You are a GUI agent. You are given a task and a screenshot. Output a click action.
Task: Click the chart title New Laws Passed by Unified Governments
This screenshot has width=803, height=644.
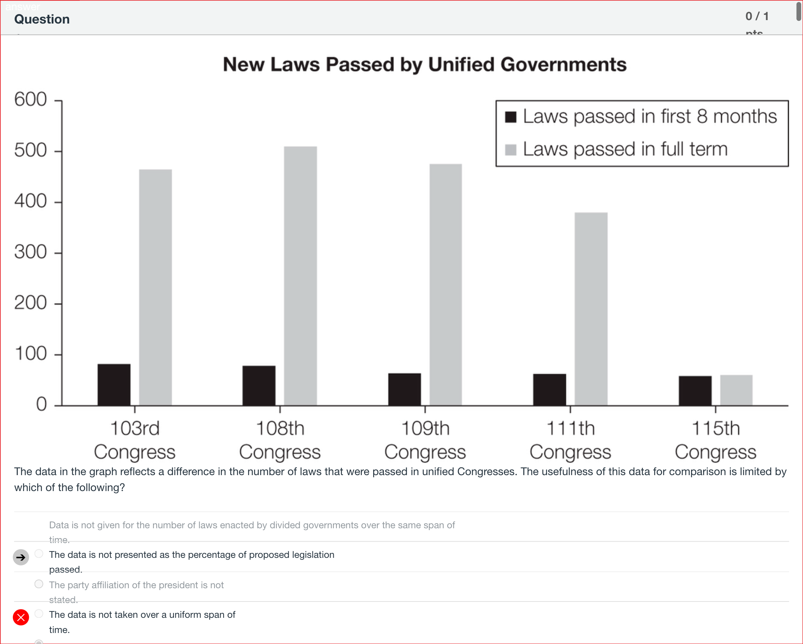click(424, 64)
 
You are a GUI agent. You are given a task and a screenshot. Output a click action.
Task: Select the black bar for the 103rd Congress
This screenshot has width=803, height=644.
click(114, 385)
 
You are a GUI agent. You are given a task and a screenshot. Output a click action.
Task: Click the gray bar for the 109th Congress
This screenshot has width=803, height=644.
click(446, 285)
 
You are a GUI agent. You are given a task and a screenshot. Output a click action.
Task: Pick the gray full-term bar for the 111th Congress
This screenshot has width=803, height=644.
click(591, 309)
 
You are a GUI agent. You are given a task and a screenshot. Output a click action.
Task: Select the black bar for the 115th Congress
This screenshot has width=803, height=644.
click(695, 390)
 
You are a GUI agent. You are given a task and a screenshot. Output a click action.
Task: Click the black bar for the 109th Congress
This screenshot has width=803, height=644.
click(404, 389)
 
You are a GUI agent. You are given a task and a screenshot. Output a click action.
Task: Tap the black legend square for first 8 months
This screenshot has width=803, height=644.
click(511, 117)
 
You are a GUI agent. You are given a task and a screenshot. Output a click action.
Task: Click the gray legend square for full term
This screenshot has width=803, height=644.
click(511, 150)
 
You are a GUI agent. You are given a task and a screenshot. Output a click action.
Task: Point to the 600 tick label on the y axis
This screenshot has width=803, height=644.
click(30, 99)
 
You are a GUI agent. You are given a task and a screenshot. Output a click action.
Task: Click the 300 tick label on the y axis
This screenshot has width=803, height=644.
click(30, 252)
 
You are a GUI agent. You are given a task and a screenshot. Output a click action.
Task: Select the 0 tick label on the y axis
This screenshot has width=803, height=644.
click(41, 404)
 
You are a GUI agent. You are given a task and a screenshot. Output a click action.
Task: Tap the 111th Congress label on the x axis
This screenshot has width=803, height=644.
click(570, 440)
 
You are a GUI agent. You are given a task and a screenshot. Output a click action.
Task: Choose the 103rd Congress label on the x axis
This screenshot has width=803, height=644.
click(135, 440)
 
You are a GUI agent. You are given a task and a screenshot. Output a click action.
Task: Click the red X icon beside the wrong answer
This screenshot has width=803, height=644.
click(21, 617)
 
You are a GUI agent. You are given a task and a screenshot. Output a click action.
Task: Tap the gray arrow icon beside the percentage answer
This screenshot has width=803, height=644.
click(21, 557)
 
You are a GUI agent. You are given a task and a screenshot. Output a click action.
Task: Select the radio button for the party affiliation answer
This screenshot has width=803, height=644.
click(39, 584)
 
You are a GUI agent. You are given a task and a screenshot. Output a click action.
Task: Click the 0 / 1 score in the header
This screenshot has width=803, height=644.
click(757, 16)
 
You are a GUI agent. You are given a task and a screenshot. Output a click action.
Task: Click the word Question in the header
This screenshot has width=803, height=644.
click(42, 19)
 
